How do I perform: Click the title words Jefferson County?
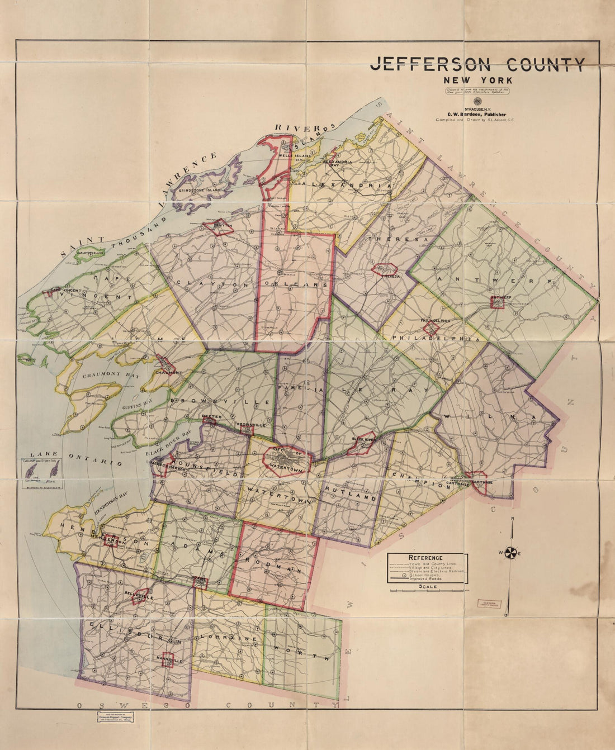pyautogui.click(x=477, y=64)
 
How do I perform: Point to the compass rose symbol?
pyautogui.click(x=511, y=553)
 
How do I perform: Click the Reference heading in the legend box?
pyautogui.click(x=425, y=558)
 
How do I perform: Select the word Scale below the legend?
pyautogui.click(x=428, y=586)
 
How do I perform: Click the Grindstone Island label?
pyautogui.click(x=199, y=190)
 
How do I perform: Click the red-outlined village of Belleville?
pyautogui.click(x=140, y=596)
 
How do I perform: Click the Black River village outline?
pyautogui.click(x=362, y=442)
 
